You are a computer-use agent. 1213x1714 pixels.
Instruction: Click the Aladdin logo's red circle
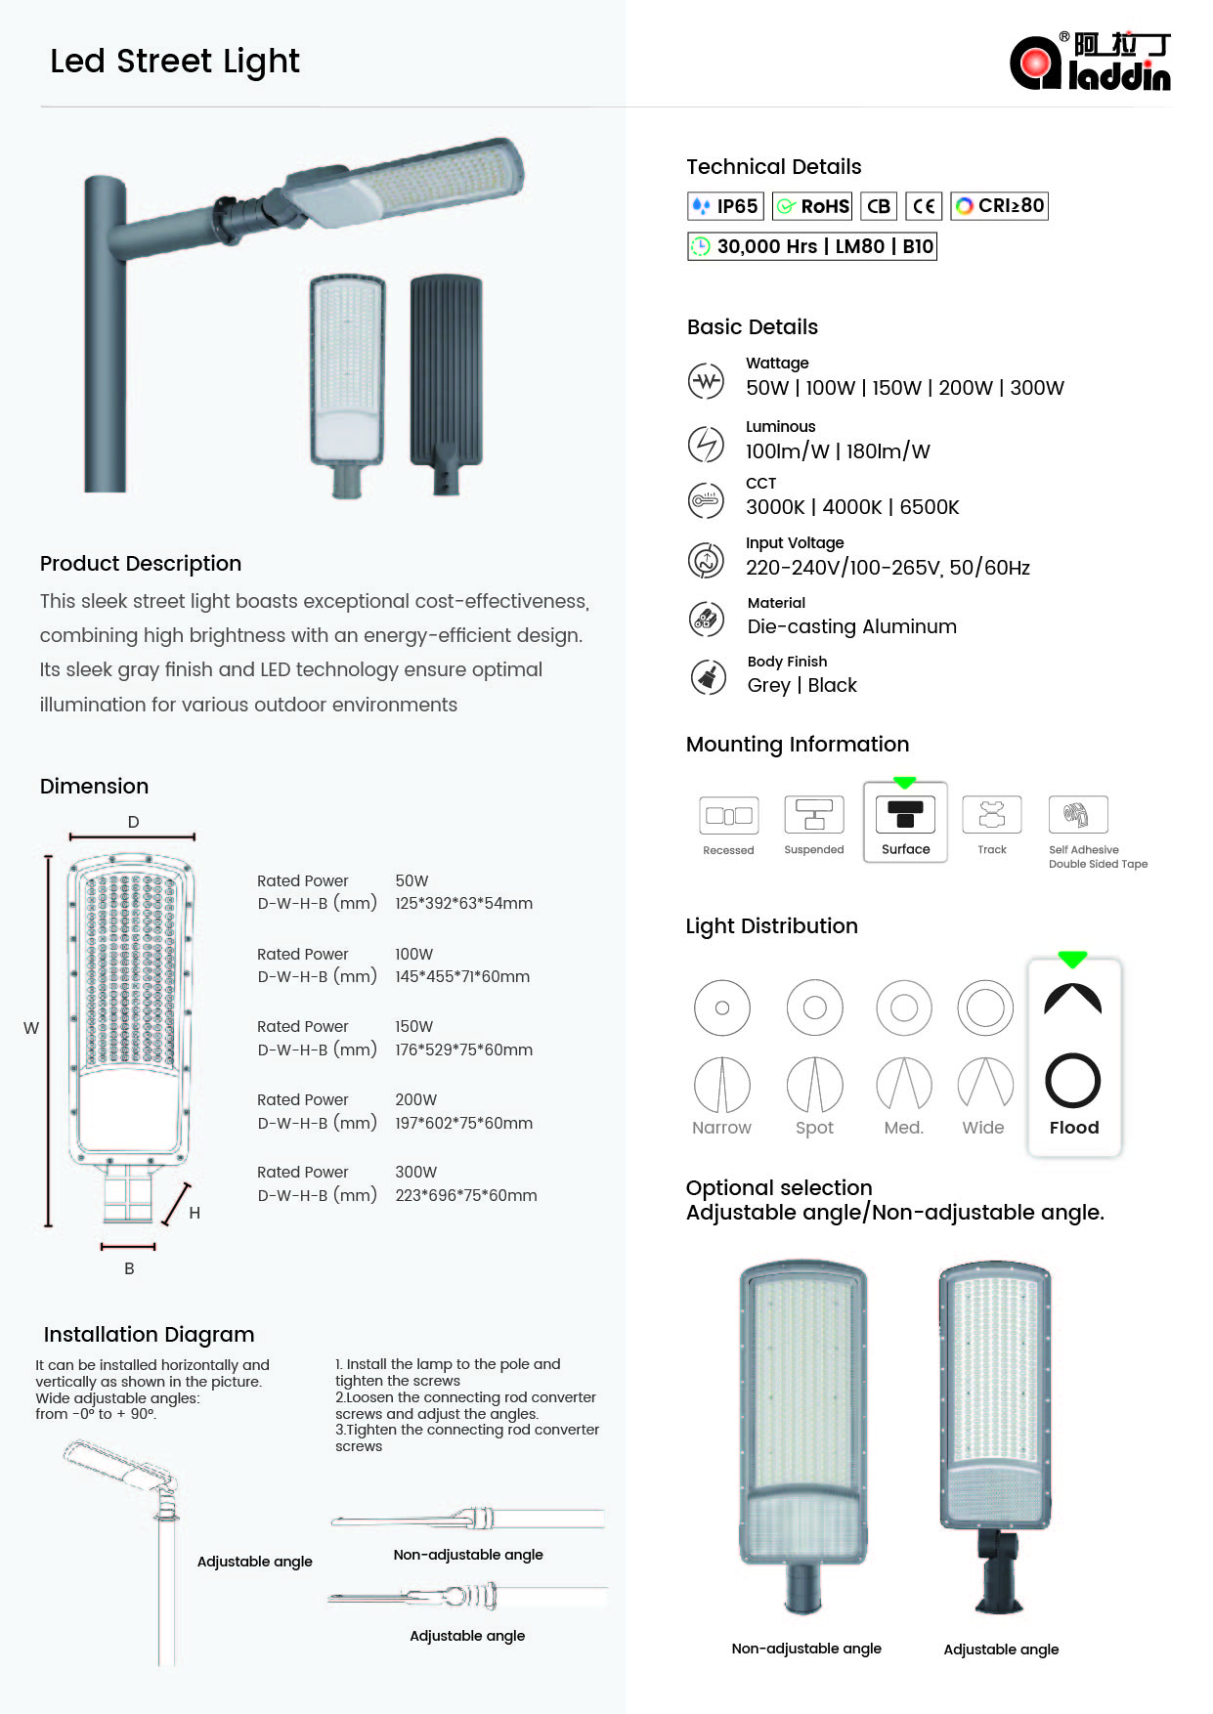click(x=1034, y=64)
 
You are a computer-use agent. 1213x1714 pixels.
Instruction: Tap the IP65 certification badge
click(x=724, y=206)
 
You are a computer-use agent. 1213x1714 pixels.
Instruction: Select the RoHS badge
click(x=812, y=206)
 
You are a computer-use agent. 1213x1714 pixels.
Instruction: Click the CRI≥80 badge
click(x=999, y=206)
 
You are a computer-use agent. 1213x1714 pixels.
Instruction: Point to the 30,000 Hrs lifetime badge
click(x=811, y=246)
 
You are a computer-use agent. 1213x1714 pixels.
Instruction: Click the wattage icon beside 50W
click(x=706, y=381)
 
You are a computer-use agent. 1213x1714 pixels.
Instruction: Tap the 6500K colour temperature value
click(x=930, y=507)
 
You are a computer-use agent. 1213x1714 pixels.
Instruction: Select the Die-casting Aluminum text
click(x=851, y=627)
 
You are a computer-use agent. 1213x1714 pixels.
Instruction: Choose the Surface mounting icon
click(x=905, y=814)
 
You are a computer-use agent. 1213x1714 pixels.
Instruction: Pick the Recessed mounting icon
click(x=728, y=815)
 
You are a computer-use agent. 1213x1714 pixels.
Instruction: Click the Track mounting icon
click(x=991, y=814)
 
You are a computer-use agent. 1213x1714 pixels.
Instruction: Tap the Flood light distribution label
click(x=1073, y=1128)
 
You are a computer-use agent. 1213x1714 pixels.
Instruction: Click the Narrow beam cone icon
click(x=721, y=1086)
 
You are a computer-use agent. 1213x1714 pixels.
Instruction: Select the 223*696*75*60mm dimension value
click(x=466, y=1196)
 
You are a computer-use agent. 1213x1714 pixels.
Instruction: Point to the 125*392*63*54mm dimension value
click(x=463, y=904)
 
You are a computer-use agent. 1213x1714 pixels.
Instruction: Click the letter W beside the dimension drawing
click(x=31, y=1029)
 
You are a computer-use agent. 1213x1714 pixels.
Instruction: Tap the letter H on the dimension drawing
click(x=195, y=1214)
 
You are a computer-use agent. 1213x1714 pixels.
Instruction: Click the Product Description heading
click(x=141, y=564)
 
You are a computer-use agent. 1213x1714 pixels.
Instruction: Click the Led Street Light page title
click(x=175, y=62)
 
